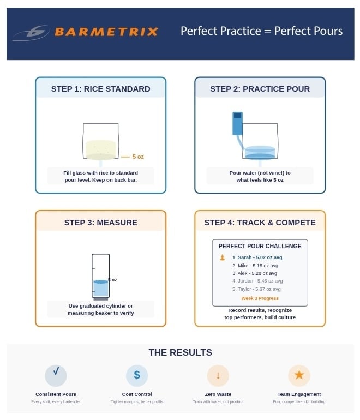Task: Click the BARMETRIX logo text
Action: pos(106,32)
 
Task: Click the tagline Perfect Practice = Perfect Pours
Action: pos(261,31)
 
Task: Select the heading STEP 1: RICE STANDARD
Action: pos(100,89)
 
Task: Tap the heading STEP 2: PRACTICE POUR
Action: pos(260,89)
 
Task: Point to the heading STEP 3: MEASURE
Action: pos(100,223)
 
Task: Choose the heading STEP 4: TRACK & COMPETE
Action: pos(260,223)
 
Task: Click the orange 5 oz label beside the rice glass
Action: pos(137,157)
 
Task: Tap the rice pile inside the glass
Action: pos(100,149)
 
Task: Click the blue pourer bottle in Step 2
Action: pos(237,124)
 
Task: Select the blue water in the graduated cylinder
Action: pos(100,288)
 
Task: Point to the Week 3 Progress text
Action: pos(260,298)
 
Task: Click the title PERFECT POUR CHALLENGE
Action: pos(260,246)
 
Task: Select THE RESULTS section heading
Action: pos(180,352)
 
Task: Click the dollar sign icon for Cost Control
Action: pos(137,375)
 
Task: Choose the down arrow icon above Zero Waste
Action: pos(218,375)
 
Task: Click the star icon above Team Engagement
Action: pos(299,375)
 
